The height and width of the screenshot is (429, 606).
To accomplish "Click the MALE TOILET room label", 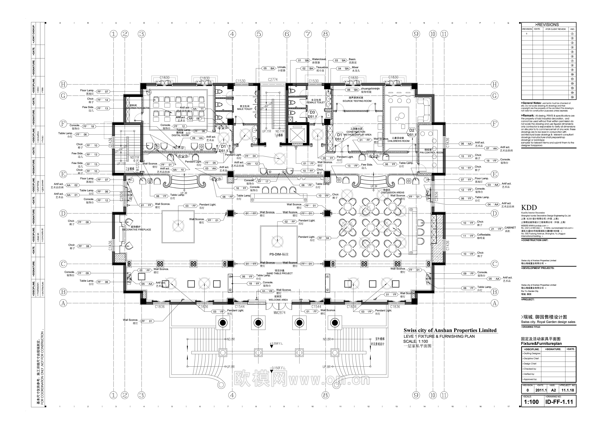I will (x=245, y=109).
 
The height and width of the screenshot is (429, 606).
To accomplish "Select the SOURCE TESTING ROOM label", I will (x=357, y=101).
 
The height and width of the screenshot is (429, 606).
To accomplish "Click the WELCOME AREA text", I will (x=278, y=300).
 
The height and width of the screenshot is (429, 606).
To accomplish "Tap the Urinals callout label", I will (x=282, y=67).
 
